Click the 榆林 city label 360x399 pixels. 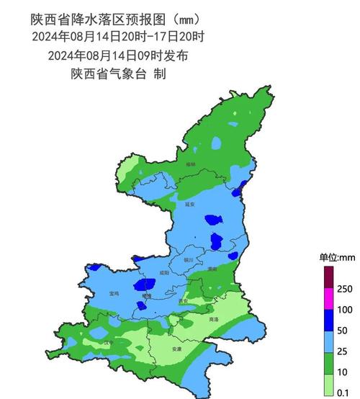(190, 165)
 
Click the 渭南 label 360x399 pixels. (212, 268)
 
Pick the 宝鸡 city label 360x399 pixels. (114, 294)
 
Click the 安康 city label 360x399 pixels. (177, 349)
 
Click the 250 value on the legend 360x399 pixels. (344, 288)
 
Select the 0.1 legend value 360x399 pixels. (344, 393)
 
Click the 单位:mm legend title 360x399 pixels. (338, 257)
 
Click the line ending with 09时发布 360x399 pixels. (118, 55)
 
